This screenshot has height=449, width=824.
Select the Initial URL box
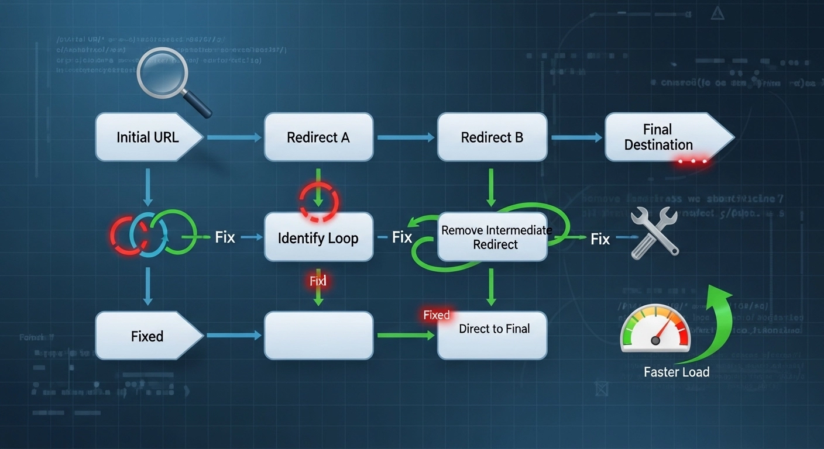coord(147,137)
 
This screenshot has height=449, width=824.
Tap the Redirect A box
coord(318,137)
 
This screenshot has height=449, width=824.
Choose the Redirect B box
coord(492,137)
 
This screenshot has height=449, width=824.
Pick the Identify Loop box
coord(318,237)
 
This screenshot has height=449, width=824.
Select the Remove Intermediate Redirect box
coord(492,237)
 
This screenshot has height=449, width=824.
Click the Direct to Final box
coord(492,335)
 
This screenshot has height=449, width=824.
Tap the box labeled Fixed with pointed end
coord(147,336)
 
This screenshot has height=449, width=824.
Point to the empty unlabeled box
coord(318,336)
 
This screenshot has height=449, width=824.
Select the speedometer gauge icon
coord(655,331)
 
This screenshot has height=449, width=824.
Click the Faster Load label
coord(677,372)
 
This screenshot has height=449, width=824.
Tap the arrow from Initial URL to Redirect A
coord(234,137)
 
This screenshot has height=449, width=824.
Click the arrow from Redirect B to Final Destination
coord(576,137)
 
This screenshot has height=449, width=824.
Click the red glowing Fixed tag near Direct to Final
coord(437,316)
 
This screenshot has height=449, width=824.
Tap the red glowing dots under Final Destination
coord(692,160)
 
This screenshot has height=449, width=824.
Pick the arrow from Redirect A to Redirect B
coord(406,137)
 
